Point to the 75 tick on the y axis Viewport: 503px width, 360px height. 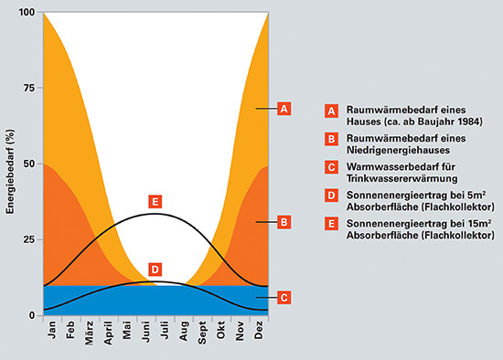pyautogui.click(x=29, y=89)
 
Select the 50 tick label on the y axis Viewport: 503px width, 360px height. pyautogui.click(x=29, y=164)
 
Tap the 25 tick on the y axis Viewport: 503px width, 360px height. pyautogui.click(x=29, y=239)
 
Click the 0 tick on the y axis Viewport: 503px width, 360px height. pyautogui.click(x=32, y=315)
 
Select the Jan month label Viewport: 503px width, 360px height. pyautogui.click(x=52, y=332)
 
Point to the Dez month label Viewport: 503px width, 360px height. pyautogui.click(x=259, y=332)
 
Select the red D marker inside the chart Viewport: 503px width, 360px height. pyautogui.click(x=155, y=270)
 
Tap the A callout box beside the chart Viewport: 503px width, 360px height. pyautogui.click(x=284, y=109)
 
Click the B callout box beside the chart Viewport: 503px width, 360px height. pyautogui.click(x=284, y=221)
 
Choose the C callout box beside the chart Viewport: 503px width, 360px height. pyautogui.click(x=284, y=297)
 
